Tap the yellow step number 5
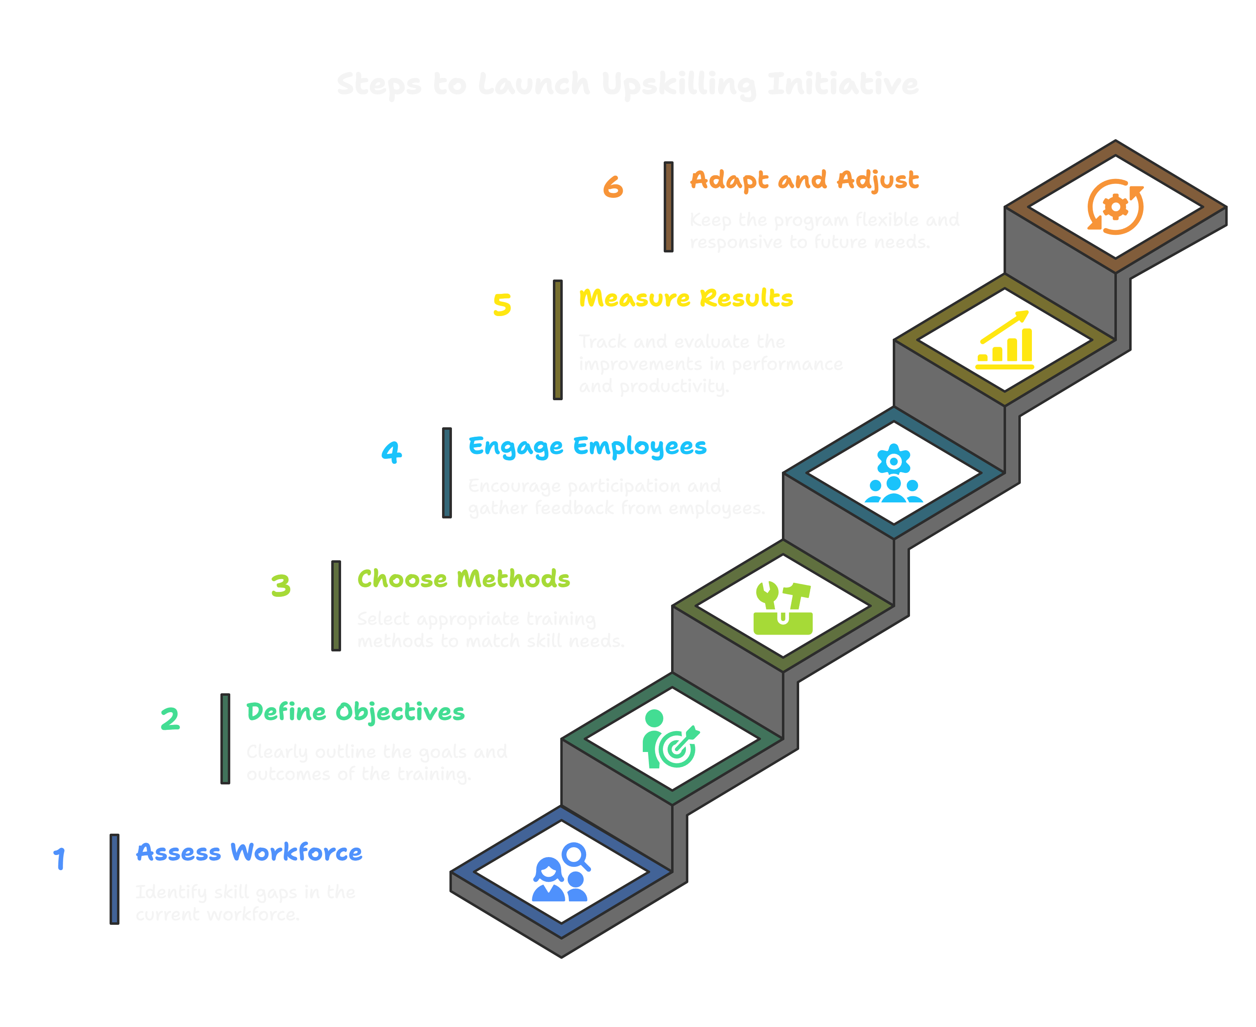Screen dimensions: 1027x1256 pyautogui.click(x=502, y=305)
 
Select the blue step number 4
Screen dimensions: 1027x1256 pyautogui.click(x=391, y=453)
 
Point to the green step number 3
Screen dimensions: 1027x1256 pyautogui.click(x=280, y=586)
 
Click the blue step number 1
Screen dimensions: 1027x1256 pyautogui.click(x=59, y=859)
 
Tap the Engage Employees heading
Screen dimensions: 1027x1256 pyautogui.click(x=587, y=447)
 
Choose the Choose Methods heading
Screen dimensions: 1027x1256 pyautogui.click(x=463, y=579)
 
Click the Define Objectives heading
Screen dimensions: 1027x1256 pyautogui.click(x=355, y=712)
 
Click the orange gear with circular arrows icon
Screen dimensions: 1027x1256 pyautogui.click(x=1115, y=207)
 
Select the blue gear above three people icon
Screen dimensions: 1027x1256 pyautogui.click(x=893, y=473)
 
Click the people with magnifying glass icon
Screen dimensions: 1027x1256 pyautogui.click(x=561, y=873)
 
